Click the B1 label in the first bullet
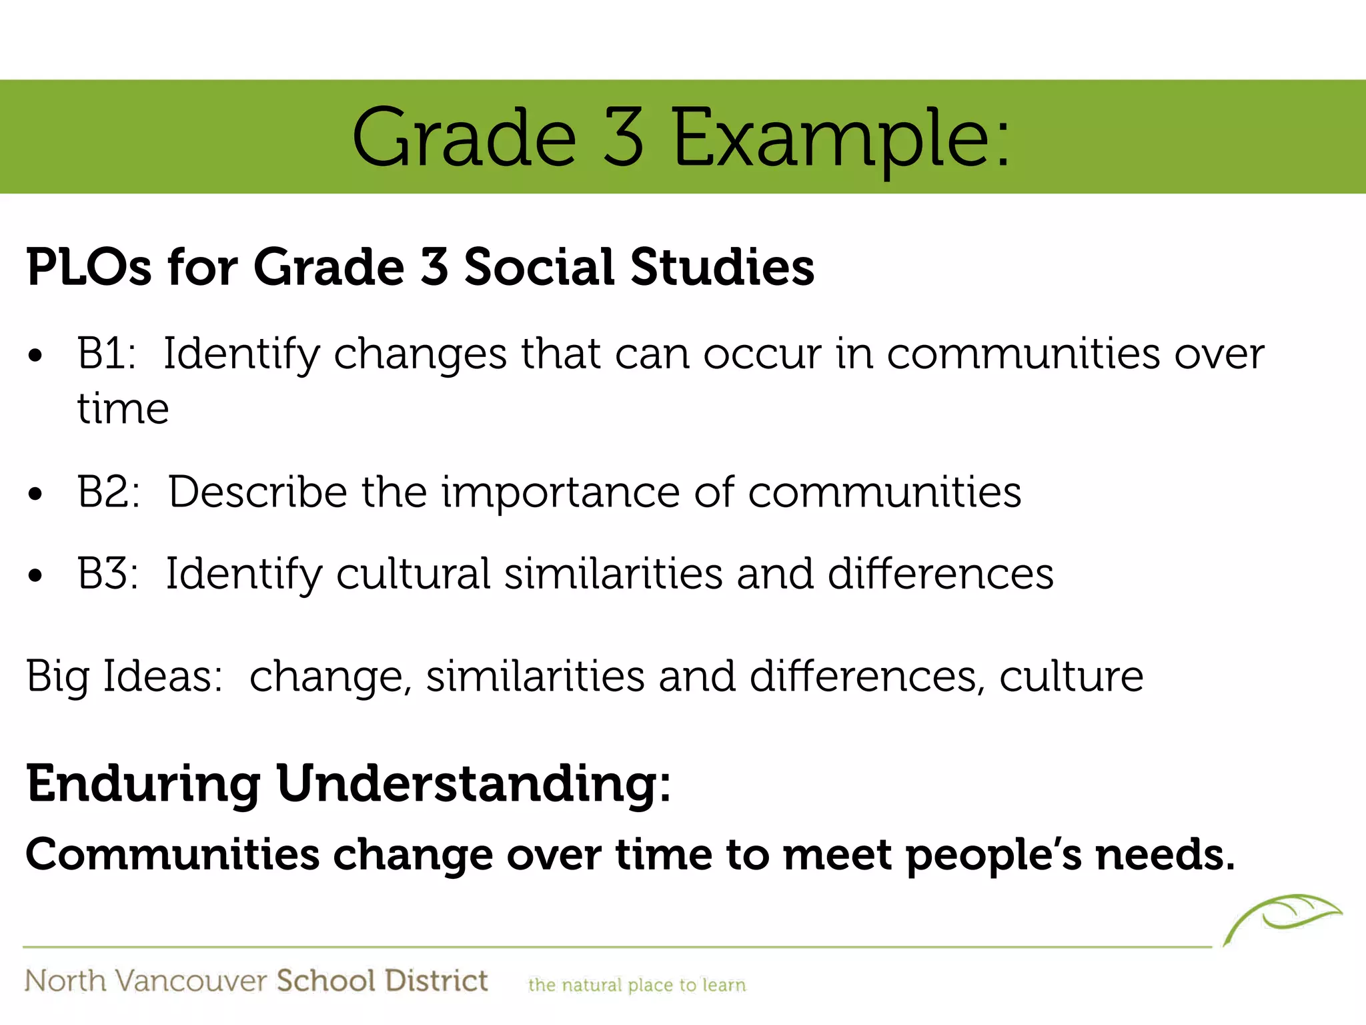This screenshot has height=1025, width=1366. click(x=106, y=353)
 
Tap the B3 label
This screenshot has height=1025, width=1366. click(x=107, y=574)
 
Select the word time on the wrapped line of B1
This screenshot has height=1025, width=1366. click(x=123, y=408)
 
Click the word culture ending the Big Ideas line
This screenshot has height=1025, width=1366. click(x=1071, y=677)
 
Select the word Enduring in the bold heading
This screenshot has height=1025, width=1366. click(x=143, y=783)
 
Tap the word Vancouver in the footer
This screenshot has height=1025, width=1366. click(x=191, y=981)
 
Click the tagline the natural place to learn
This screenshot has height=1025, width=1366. click(x=636, y=985)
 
